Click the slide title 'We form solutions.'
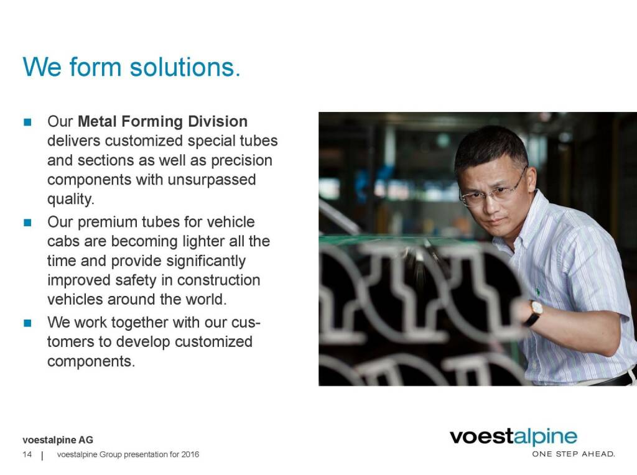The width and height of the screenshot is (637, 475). [132, 67]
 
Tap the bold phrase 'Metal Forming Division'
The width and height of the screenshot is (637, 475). [162, 121]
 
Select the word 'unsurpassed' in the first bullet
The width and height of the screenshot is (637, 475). [212, 180]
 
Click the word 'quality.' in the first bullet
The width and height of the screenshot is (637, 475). [71, 199]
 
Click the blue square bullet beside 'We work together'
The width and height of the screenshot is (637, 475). [27, 323]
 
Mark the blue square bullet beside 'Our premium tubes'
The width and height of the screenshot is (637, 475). [27, 223]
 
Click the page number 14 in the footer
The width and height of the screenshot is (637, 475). [27, 454]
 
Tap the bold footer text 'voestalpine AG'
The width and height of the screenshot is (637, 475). [58, 440]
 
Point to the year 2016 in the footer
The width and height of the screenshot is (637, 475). [190, 454]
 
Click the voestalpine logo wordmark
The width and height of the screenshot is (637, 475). [513, 437]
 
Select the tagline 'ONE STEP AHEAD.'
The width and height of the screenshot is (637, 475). [574, 454]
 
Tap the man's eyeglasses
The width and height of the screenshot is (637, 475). [493, 191]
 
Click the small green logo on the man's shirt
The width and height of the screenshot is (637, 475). [538, 292]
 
